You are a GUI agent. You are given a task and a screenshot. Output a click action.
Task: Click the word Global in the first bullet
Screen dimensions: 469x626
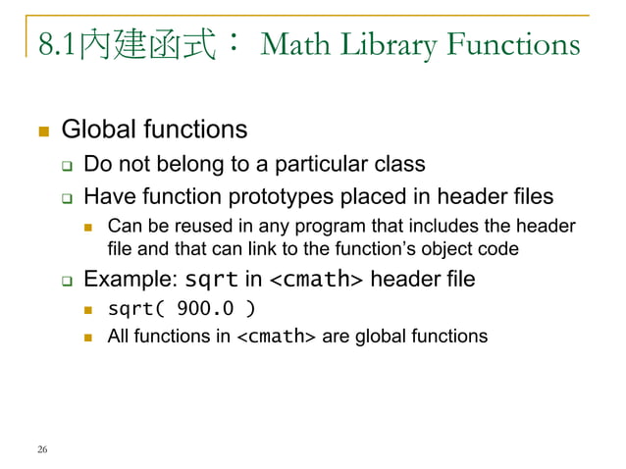tap(99, 130)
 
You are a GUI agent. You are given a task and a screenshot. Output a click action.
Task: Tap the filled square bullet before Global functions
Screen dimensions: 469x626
tap(40, 130)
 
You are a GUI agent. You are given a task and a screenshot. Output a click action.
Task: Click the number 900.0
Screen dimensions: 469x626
tap(205, 310)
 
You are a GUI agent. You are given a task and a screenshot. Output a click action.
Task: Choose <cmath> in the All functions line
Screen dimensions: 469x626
tap(278, 337)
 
